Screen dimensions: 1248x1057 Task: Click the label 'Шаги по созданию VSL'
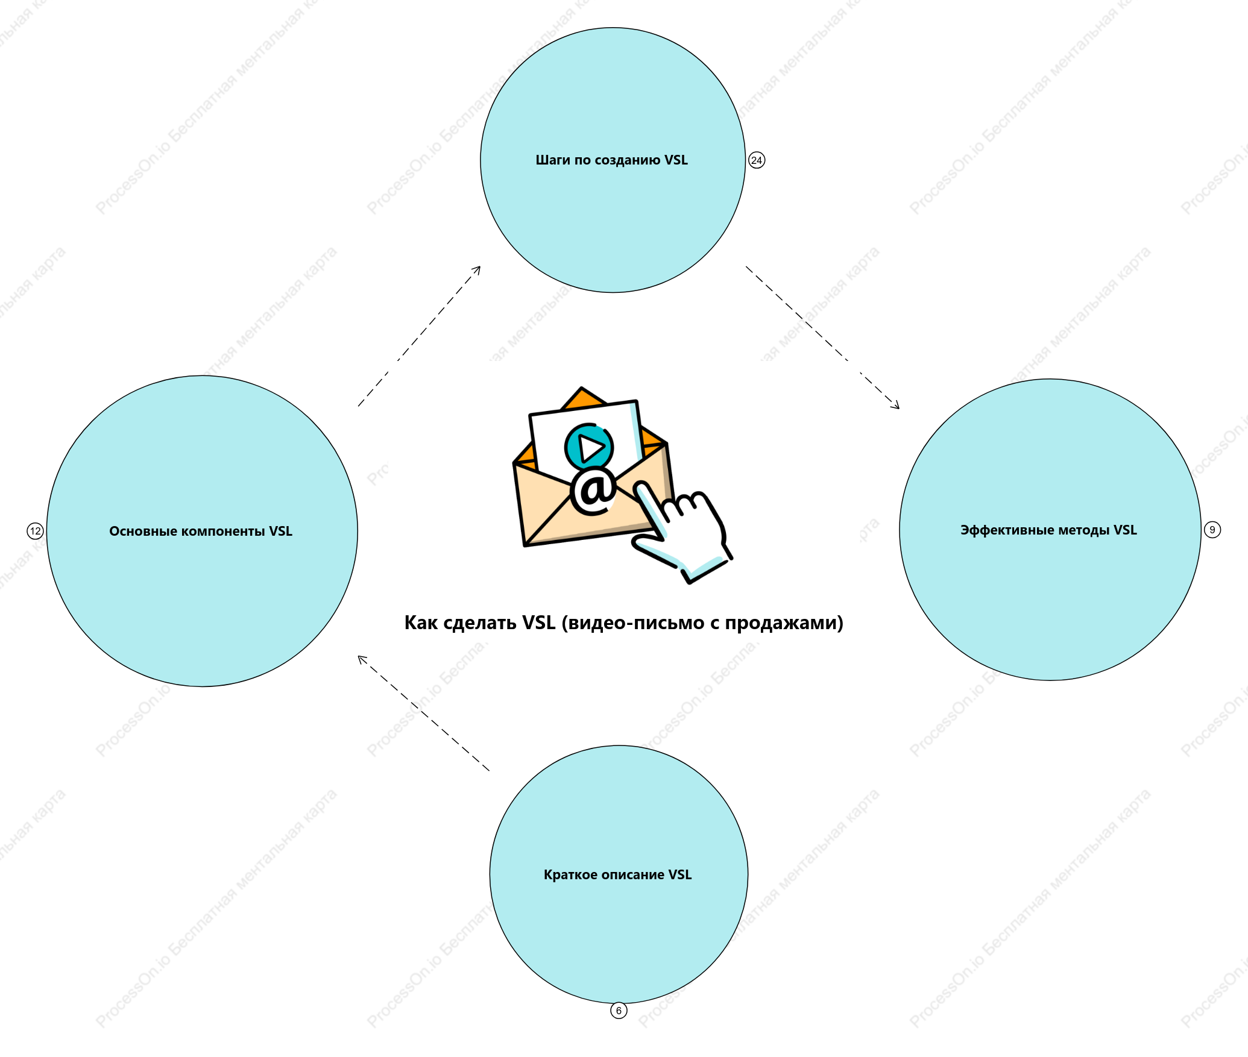(611, 160)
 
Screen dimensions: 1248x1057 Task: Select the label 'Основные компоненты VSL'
(201, 532)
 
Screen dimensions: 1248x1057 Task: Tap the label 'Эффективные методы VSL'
(1048, 530)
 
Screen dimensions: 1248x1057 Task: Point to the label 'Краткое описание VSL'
(617, 875)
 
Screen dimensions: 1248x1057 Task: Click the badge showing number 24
(757, 160)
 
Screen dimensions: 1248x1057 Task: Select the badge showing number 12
(36, 531)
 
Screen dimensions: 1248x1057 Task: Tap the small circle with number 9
(1212, 530)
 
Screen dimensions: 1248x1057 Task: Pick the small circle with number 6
(619, 1011)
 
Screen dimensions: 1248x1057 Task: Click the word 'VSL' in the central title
(539, 623)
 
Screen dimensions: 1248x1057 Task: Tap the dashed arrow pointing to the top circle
(419, 336)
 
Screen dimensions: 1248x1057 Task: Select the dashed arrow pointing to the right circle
(823, 337)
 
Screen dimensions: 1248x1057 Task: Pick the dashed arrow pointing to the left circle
(424, 714)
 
